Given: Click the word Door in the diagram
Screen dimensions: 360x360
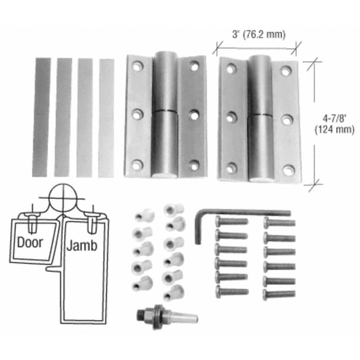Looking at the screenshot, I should point(29,242).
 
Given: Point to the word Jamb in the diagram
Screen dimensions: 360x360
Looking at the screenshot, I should point(82,245).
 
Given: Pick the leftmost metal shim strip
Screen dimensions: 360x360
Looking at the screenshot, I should point(41,116).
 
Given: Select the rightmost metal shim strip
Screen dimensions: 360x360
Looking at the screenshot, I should point(106,116).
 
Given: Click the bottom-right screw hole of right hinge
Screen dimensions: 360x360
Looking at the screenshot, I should point(288,170).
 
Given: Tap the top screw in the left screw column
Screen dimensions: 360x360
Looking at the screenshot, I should point(231,222).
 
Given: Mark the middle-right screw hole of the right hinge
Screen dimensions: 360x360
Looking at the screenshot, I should point(286,120).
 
